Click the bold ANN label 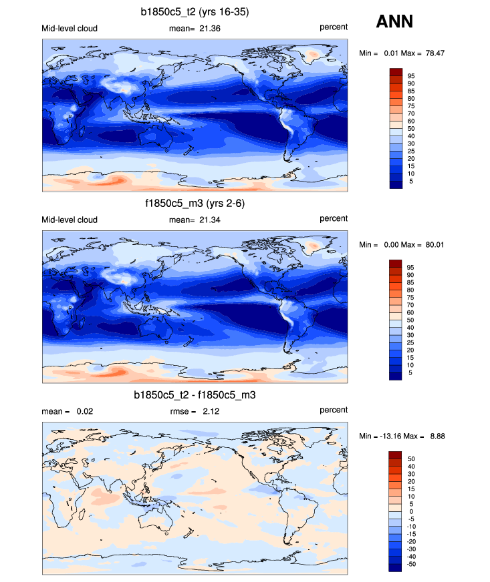(394, 21)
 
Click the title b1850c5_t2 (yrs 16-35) (195, 11)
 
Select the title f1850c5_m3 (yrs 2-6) (195, 204)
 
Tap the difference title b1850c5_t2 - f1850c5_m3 (195, 395)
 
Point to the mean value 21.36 (210, 28)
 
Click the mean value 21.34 (210, 220)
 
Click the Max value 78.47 (433, 53)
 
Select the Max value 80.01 (433, 245)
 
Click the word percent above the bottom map (333, 410)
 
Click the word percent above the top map (333, 27)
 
